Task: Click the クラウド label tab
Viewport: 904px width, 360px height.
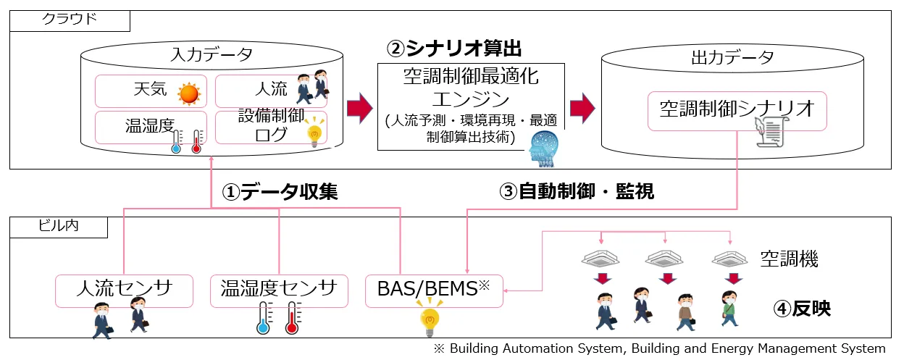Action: (70, 20)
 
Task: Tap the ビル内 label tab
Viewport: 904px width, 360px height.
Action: (59, 227)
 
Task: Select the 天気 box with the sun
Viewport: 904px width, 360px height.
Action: (151, 91)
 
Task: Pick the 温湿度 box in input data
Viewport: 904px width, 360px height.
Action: (151, 127)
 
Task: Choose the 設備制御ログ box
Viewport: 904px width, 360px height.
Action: (271, 127)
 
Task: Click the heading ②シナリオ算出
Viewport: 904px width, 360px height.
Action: (454, 49)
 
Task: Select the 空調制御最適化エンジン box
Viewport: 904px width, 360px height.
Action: (471, 106)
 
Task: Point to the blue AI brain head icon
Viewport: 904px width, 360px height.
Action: (545, 146)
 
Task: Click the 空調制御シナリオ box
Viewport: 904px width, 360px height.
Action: (737, 110)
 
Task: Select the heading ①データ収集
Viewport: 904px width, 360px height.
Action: (280, 191)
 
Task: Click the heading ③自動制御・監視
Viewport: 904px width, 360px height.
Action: (577, 191)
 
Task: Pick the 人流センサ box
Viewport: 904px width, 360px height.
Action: (125, 289)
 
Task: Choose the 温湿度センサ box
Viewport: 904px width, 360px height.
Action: (279, 289)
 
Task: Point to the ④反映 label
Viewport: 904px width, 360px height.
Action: (802, 309)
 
